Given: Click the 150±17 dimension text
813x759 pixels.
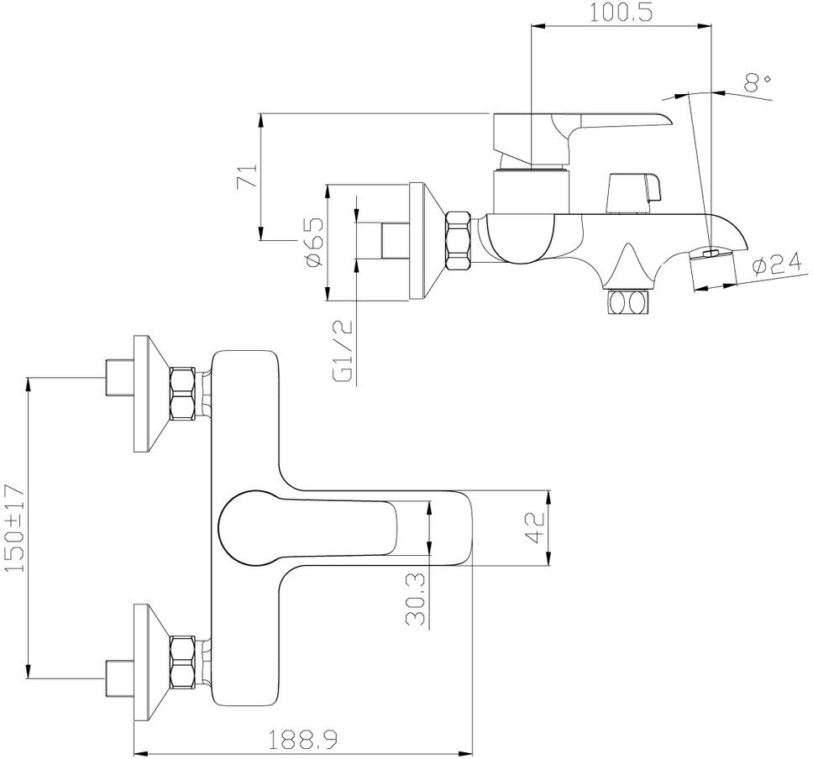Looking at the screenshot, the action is tap(14, 528).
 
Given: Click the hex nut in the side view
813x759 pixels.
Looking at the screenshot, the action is tap(459, 241).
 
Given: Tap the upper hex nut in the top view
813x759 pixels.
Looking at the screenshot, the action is tap(182, 393).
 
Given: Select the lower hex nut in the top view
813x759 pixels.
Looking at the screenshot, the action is tap(182, 660).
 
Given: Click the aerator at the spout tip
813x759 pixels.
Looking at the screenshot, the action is tap(711, 269).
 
